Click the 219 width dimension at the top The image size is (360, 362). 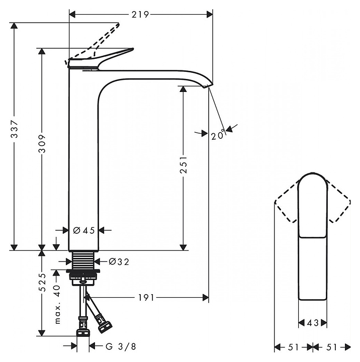point(140,15)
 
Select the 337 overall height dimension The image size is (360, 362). point(15,129)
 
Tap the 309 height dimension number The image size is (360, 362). point(42,144)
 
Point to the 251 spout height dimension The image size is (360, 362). point(184,164)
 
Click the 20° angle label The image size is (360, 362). point(218,134)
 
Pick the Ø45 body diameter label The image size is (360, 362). point(84,230)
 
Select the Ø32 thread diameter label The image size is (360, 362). point(119,262)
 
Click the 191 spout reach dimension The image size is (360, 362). point(146,298)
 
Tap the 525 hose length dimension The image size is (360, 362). point(42,283)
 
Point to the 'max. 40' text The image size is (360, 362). point(57,305)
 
